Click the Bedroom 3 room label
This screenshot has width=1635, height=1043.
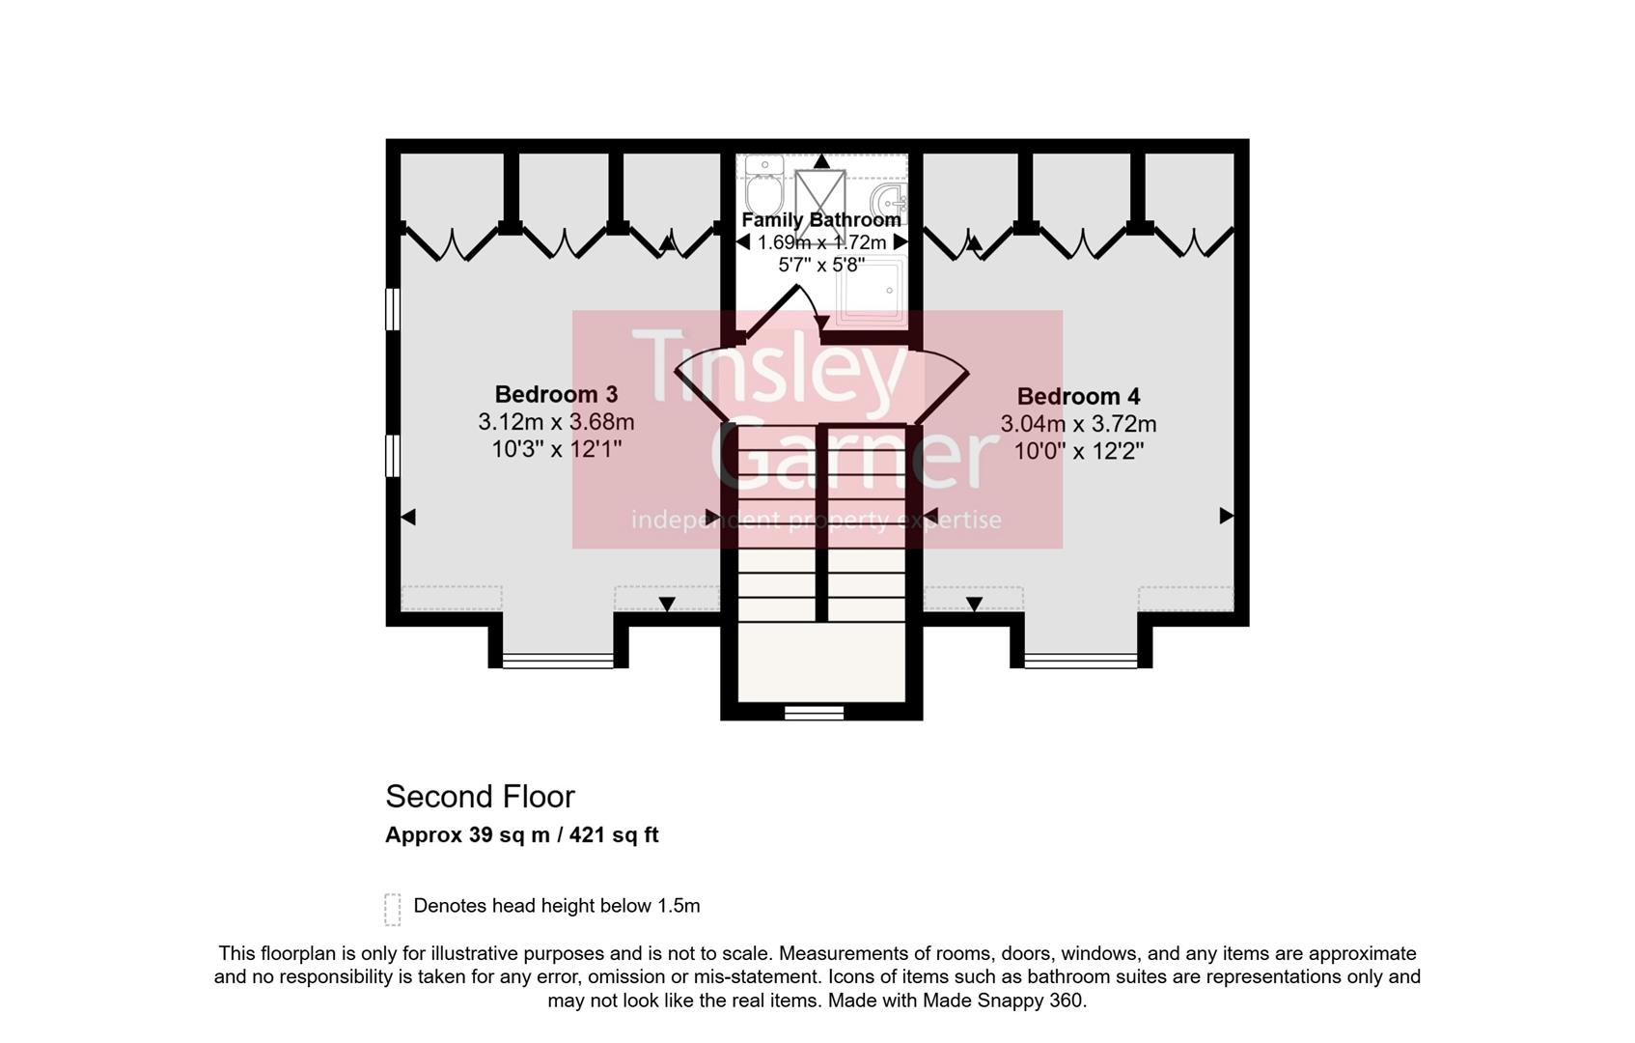pos(556,394)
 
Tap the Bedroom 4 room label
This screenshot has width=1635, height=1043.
pos(1078,396)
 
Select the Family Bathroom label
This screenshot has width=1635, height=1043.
pos(820,220)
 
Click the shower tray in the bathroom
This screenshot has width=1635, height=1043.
pos(872,290)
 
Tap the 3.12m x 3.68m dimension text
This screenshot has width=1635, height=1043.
pos(556,422)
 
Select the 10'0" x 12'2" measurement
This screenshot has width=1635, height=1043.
pos(1078,451)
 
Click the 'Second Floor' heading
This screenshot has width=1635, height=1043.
pos(480,797)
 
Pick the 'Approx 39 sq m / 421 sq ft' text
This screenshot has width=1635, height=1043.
pos(521,835)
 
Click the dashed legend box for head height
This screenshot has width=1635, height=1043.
pos(393,909)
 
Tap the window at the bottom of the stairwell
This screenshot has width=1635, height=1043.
pos(814,713)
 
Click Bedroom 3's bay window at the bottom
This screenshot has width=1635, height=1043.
pos(558,662)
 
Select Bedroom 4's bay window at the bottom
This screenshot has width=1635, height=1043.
pos(1081,662)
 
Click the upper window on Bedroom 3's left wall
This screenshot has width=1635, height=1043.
pos(393,309)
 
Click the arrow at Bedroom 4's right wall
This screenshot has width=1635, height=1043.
pos(1226,516)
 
